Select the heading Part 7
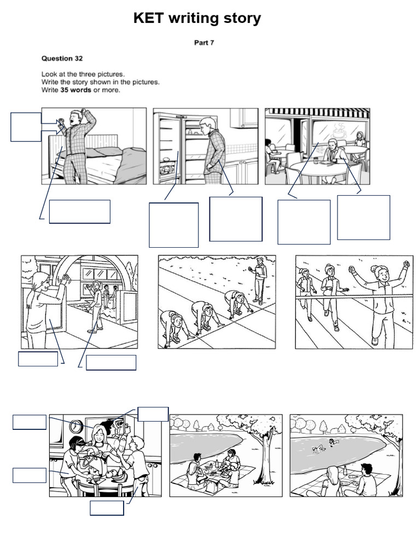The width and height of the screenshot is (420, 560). [204, 43]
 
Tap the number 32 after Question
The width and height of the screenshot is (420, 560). [79, 59]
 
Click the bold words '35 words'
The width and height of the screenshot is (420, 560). [75, 90]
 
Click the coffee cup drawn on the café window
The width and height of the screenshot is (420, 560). [340, 132]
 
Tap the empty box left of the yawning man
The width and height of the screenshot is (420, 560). [26, 127]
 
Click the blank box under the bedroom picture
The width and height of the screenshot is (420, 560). [80, 212]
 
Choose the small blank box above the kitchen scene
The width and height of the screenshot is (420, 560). [153, 414]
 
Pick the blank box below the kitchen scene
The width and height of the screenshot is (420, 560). [107, 508]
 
